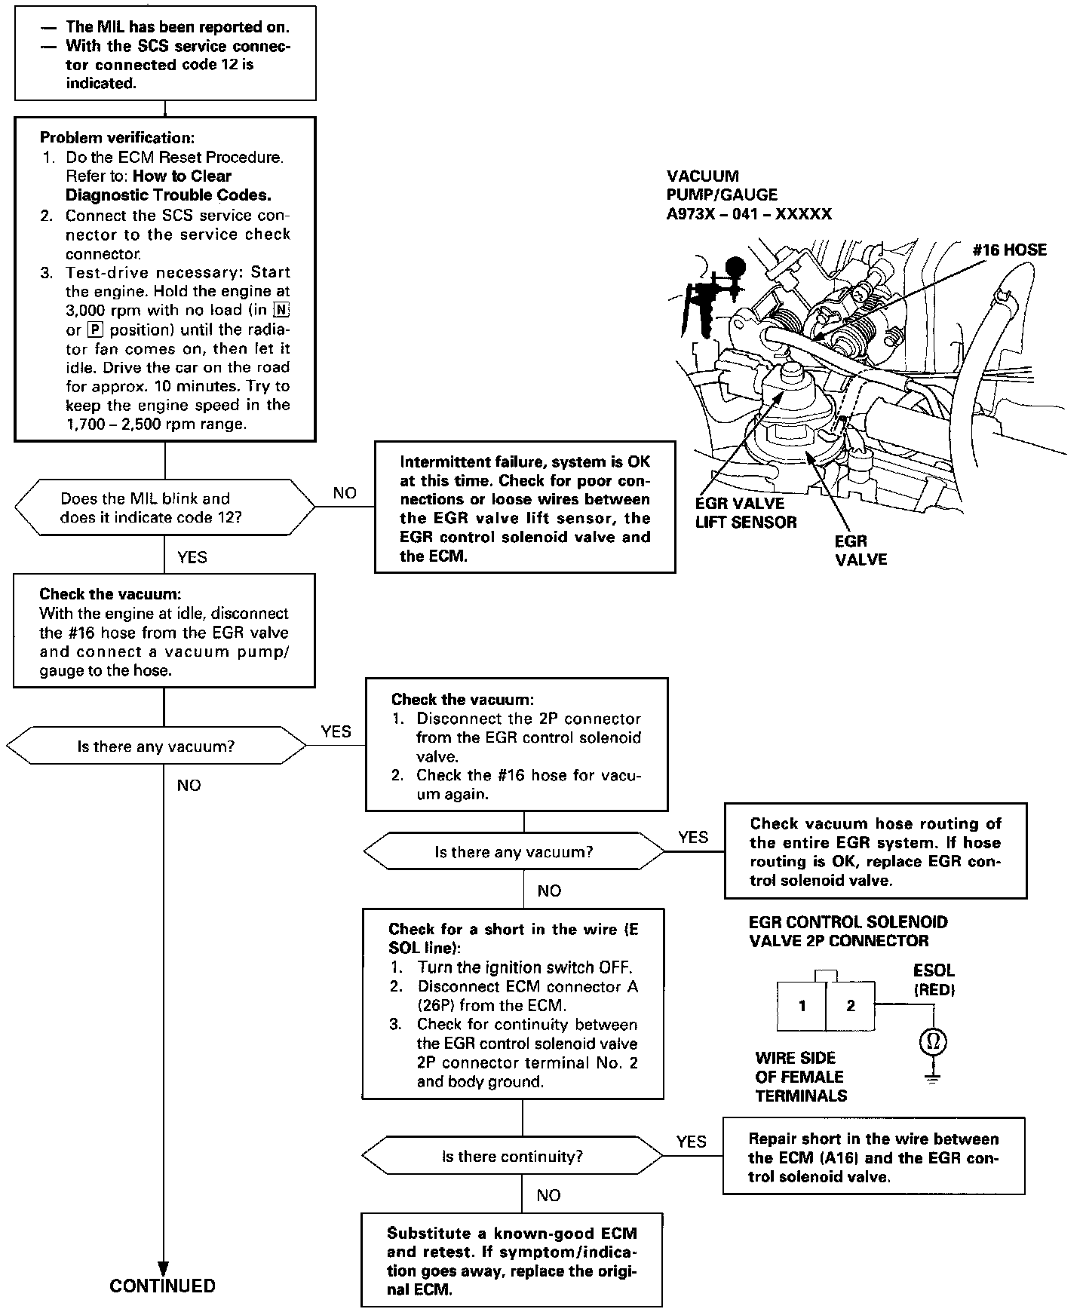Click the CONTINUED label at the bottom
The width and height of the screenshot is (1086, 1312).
(x=162, y=1286)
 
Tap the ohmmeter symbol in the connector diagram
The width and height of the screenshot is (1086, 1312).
(x=933, y=1043)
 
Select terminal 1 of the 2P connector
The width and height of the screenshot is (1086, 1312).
(x=802, y=1006)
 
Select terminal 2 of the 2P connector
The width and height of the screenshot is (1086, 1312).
(x=851, y=1006)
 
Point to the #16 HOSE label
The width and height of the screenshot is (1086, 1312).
(x=1009, y=250)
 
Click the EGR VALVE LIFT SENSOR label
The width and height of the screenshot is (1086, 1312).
(x=745, y=512)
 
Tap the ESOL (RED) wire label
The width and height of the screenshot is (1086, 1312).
(x=934, y=979)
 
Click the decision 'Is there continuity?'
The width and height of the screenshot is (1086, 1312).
(x=512, y=1157)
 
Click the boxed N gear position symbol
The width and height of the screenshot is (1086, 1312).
(x=282, y=310)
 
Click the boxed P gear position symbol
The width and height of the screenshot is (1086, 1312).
(x=94, y=330)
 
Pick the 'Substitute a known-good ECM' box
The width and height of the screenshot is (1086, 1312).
(x=511, y=1260)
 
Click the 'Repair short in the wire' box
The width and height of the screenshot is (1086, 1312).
(x=873, y=1157)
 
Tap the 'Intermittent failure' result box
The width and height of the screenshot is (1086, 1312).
(x=525, y=507)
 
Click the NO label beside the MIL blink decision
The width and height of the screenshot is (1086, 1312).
(x=345, y=493)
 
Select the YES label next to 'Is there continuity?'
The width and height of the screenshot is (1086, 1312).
(x=692, y=1142)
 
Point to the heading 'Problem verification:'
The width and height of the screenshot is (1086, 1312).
(x=117, y=138)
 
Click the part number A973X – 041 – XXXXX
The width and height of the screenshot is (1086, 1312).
(x=749, y=214)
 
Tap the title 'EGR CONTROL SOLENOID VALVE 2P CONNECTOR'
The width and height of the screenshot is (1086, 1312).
(x=848, y=931)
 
